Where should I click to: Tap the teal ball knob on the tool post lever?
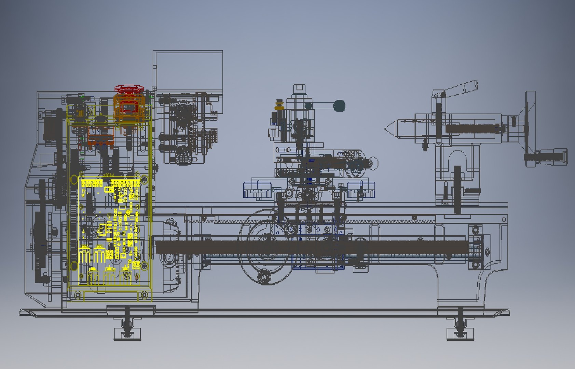click(339, 106)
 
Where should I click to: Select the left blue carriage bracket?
click(257, 190)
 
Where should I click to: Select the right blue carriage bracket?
click(361, 190)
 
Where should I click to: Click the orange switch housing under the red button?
click(128, 108)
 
